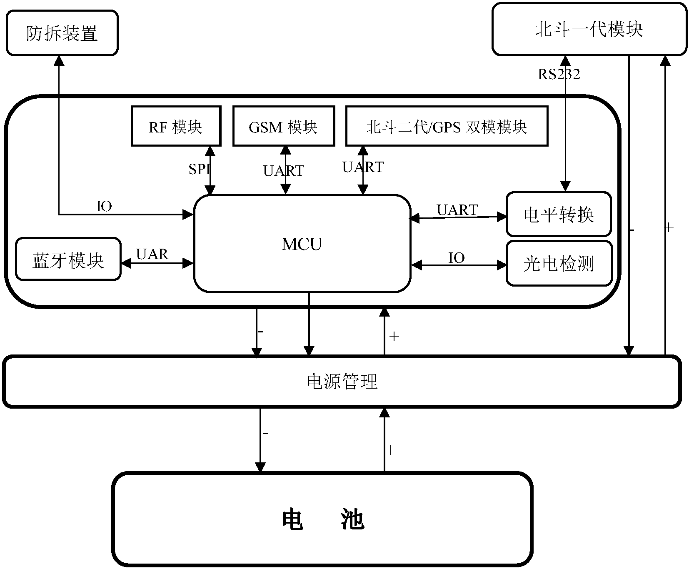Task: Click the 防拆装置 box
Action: (x=62, y=33)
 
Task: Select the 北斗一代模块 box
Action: (x=589, y=29)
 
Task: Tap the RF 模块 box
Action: (x=176, y=126)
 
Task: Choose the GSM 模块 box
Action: (x=283, y=126)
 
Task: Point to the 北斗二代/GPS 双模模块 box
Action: (x=447, y=126)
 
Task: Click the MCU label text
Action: (x=302, y=245)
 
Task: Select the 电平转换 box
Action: (x=559, y=215)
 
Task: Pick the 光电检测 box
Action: (x=559, y=263)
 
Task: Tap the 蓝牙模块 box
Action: (x=68, y=260)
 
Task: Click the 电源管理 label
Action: (x=342, y=381)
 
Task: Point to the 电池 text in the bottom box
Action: (x=323, y=519)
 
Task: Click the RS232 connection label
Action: (x=559, y=74)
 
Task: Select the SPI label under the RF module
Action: (x=199, y=169)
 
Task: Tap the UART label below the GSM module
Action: (x=284, y=171)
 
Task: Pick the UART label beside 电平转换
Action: (x=457, y=210)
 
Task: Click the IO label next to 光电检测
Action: (x=457, y=258)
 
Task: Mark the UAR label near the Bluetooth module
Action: (x=152, y=254)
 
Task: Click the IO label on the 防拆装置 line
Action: (x=104, y=206)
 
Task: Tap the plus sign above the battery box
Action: (x=391, y=450)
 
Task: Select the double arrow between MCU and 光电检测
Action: (x=458, y=265)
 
